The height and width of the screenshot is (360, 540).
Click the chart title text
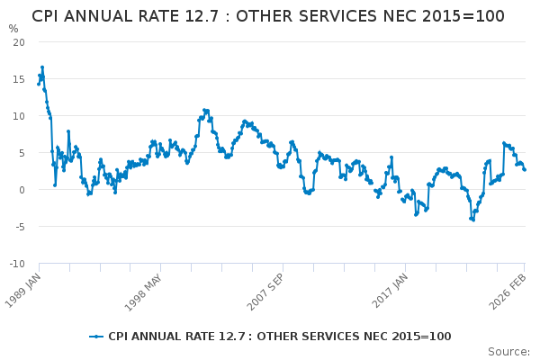click(x=268, y=16)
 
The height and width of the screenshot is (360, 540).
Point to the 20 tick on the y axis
click(x=19, y=42)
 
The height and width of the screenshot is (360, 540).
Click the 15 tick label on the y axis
click(x=19, y=79)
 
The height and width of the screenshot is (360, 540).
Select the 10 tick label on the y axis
click(x=19, y=116)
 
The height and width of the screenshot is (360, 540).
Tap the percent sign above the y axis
click(x=13, y=29)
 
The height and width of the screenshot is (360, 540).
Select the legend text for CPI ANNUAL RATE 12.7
click(x=279, y=337)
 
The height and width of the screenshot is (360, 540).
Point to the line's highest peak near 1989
click(x=41, y=67)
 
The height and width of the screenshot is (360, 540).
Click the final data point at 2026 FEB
click(x=525, y=169)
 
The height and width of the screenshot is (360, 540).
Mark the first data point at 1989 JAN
click(x=39, y=84)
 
